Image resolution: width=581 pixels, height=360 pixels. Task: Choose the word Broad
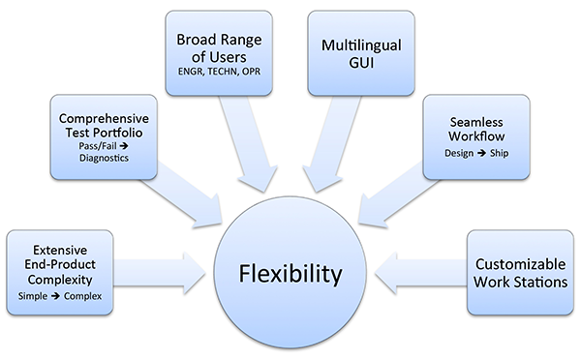[x=197, y=41]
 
